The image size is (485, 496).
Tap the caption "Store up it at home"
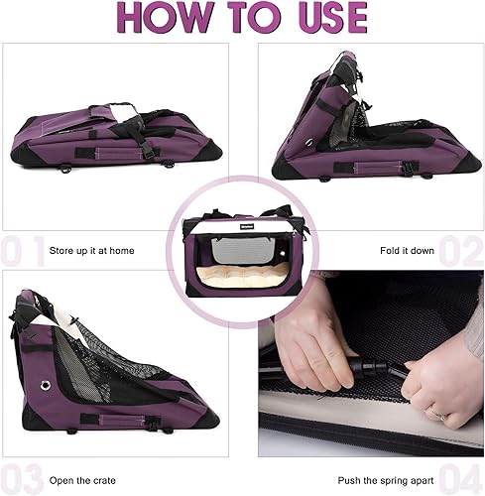pyautogui.click(x=91, y=251)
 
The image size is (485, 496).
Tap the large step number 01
pyautogui.click(x=21, y=251)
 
